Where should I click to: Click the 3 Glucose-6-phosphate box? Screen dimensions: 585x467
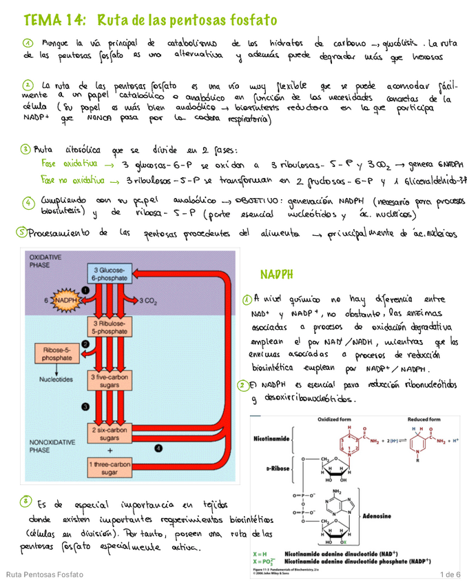[108, 272]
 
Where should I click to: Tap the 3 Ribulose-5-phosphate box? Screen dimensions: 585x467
[108, 327]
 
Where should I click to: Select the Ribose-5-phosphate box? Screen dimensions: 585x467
[56, 354]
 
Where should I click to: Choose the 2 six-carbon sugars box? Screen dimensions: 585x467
[109, 434]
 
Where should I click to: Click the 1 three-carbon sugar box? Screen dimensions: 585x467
[109, 468]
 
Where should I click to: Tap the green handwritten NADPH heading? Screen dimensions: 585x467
[276, 275]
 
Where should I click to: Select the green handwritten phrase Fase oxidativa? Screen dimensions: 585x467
[71, 165]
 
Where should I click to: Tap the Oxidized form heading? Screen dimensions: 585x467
[333, 419]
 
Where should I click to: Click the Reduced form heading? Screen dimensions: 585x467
[424, 419]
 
